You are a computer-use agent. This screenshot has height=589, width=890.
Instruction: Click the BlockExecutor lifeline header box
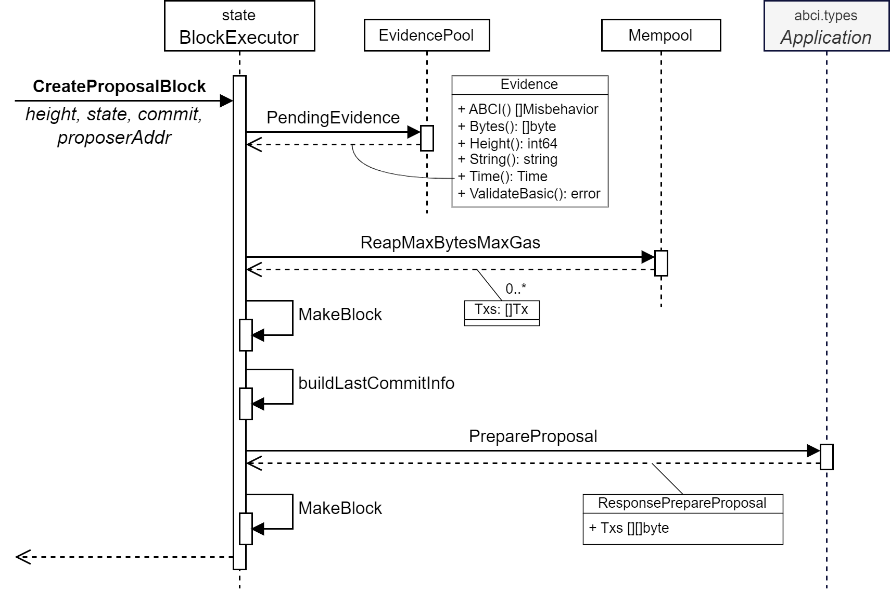pyautogui.click(x=239, y=26)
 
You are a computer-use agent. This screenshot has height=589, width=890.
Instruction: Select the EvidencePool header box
pyautogui.click(x=426, y=35)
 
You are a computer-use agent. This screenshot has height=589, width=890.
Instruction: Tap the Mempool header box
pyautogui.click(x=660, y=35)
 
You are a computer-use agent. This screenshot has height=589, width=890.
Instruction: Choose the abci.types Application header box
pyautogui.click(x=826, y=26)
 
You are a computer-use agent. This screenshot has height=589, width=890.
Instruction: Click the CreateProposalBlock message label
pyautogui.click(x=119, y=86)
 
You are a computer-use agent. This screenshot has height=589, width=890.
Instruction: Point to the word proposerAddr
pyautogui.click(x=115, y=137)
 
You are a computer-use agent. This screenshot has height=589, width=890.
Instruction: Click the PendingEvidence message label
pyautogui.click(x=333, y=118)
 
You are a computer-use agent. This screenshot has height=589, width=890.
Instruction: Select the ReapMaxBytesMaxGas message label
pyautogui.click(x=450, y=243)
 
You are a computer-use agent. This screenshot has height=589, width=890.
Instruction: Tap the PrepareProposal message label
pyautogui.click(x=533, y=436)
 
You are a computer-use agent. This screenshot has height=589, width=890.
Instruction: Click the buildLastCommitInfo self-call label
pyautogui.click(x=376, y=383)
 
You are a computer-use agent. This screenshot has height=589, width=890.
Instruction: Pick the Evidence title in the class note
pyautogui.click(x=529, y=84)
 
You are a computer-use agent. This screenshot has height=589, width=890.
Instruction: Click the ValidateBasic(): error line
pyautogui.click(x=529, y=194)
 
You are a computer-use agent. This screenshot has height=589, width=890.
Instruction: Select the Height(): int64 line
pyautogui.click(x=508, y=143)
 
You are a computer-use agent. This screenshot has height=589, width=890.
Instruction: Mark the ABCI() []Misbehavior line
pyautogui.click(x=528, y=109)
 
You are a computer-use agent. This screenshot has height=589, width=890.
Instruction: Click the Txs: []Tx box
pyautogui.click(x=501, y=310)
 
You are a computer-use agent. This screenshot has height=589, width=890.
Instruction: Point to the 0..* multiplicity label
pyautogui.click(x=516, y=289)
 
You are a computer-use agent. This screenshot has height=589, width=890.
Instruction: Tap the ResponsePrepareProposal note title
pyautogui.click(x=682, y=503)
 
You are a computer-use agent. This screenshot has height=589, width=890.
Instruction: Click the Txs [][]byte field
pyautogui.click(x=629, y=528)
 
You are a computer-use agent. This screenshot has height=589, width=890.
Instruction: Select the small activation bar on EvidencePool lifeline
pyautogui.click(x=427, y=138)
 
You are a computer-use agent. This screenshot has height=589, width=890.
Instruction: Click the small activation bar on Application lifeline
pyautogui.click(x=826, y=457)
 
